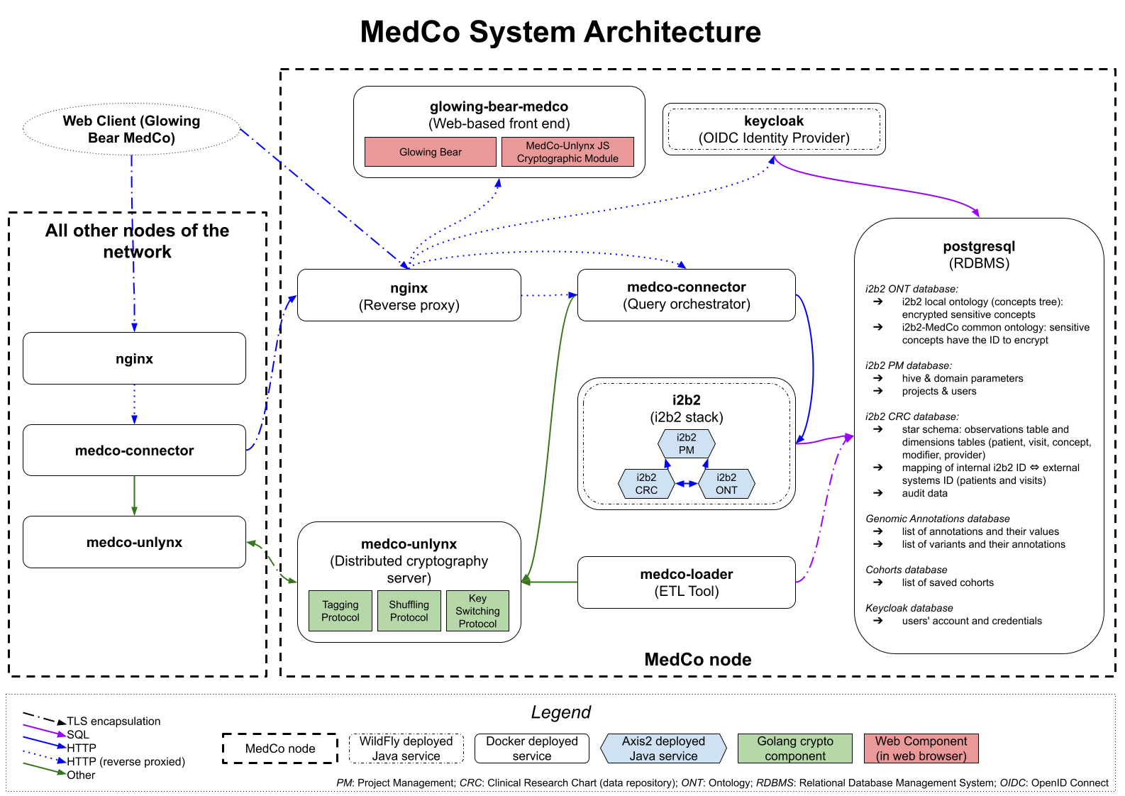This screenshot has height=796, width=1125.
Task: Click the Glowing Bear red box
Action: tap(430, 152)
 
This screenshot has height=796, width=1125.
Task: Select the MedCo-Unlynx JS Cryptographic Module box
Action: tap(567, 152)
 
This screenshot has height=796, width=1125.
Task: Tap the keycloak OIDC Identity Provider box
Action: tap(774, 129)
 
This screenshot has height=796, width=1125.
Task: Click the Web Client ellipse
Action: tap(131, 129)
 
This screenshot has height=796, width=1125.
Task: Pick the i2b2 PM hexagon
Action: tap(686, 443)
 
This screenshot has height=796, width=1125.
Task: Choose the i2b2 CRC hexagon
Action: tap(646, 484)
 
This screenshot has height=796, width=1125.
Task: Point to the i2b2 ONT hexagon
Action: tap(726, 484)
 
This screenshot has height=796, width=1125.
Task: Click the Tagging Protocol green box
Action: tap(340, 611)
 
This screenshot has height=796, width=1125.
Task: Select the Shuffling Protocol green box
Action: tap(409, 611)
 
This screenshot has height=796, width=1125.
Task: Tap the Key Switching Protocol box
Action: tap(477, 611)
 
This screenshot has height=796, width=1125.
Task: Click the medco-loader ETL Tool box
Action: tap(686, 582)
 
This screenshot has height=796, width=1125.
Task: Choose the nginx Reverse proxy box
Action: tap(409, 296)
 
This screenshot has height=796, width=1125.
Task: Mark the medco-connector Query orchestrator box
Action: tap(686, 295)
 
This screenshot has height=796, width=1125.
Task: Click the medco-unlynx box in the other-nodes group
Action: tap(134, 542)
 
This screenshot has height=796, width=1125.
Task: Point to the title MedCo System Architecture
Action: tap(560, 32)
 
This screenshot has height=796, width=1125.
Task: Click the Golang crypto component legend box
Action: tap(794, 748)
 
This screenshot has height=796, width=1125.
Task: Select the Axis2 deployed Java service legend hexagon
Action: tap(663, 748)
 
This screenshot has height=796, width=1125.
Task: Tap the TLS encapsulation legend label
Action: tap(113, 721)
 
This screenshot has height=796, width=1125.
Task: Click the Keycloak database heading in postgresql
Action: tap(909, 608)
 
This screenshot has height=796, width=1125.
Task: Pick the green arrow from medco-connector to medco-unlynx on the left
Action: tap(134, 495)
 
